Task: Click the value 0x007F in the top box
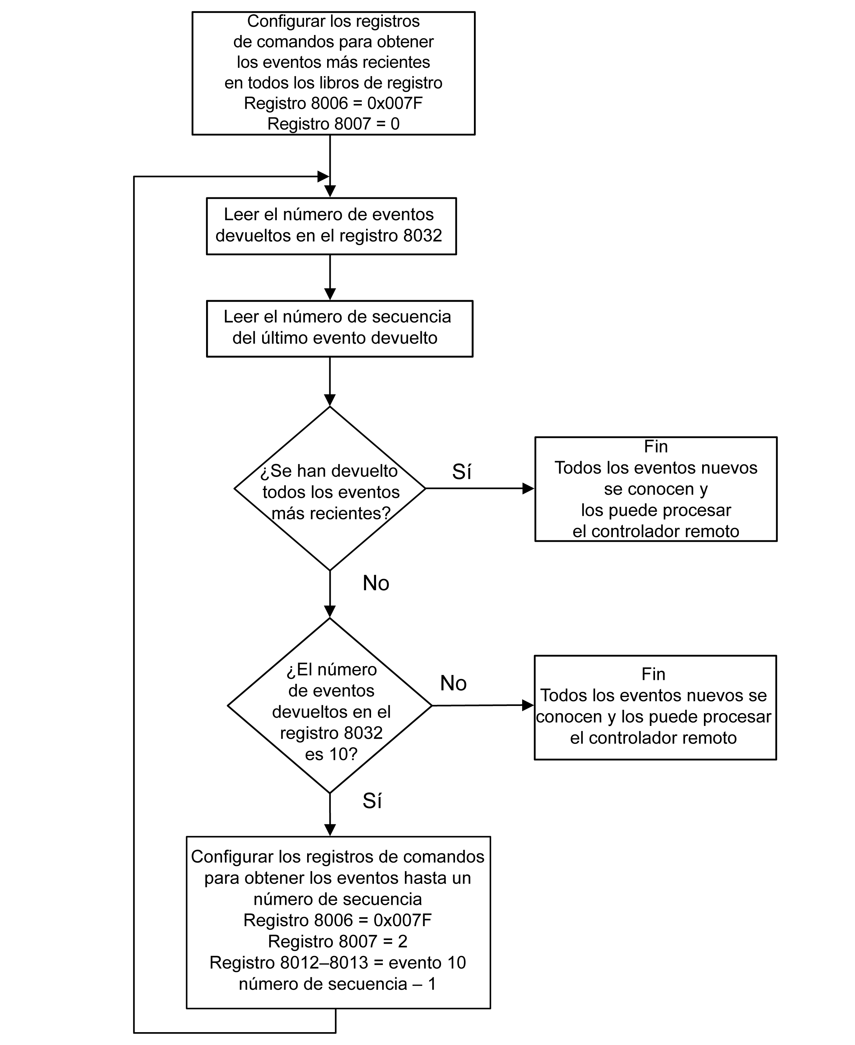pyautogui.click(x=395, y=104)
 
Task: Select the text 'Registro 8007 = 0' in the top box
pyautogui.click(x=334, y=123)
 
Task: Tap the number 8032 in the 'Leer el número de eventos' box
pyautogui.click(x=422, y=236)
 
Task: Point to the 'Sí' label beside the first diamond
pyautogui.click(x=461, y=471)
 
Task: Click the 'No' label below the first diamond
pyautogui.click(x=376, y=583)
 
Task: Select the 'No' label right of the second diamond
pyautogui.click(x=453, y=683)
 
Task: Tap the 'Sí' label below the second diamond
pyautogui.click(x=372, y=801)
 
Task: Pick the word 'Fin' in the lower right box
pyautogui.click(x=654, y=674)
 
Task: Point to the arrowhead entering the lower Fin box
pyautogui.click(x=528, y=705)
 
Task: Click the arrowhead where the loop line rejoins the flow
pyautogui.click(x=324, y=176)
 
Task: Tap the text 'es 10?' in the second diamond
pyautogui.click(x=331, y=754)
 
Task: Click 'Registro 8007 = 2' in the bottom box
pyautogui.click(x=338, y=941)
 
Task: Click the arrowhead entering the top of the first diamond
pyautogui.click(x=330, y=400)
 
